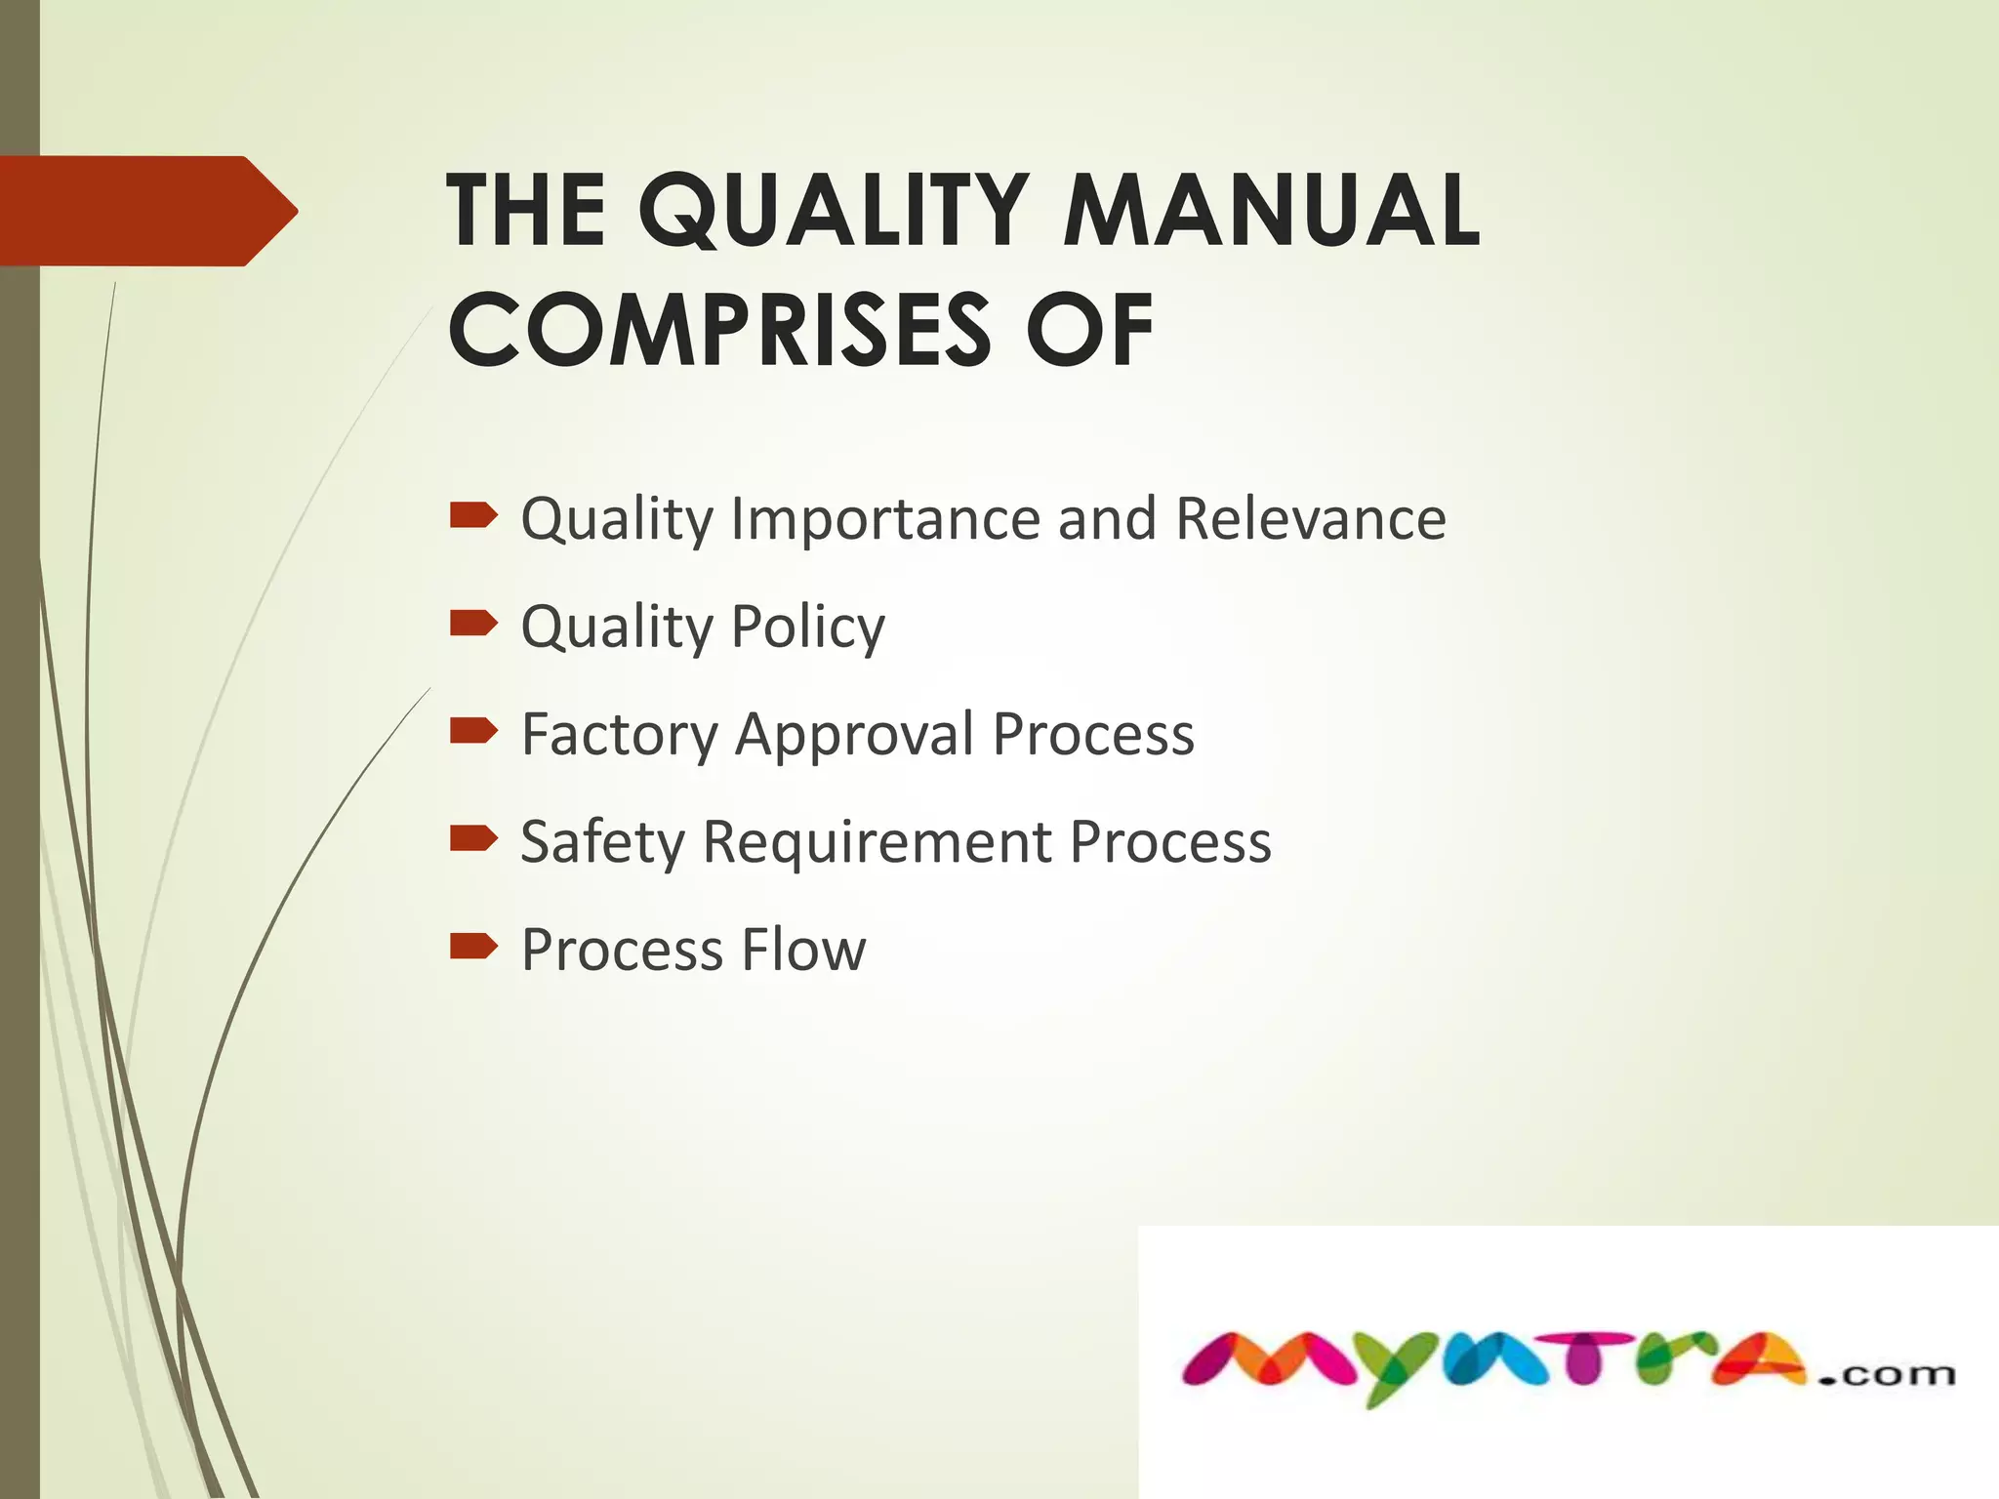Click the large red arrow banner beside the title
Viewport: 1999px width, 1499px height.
click(x=146, y=211)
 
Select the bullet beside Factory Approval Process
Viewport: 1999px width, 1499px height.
click(x=473, y=731)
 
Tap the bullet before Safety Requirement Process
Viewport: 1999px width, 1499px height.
click(x=473, y=838)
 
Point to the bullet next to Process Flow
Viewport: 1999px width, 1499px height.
click(x=473, y=947)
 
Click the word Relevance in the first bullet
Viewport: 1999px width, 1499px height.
click(x=1310, y=518)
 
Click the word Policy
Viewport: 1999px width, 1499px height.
click(x=807, y=628)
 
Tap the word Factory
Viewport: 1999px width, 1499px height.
click(x=620, y=735)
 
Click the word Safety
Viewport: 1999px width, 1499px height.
click(x=602, y=842)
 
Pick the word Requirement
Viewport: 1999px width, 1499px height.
click(x=877, y=842)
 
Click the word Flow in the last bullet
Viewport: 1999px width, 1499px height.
click(x=802, y=950)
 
